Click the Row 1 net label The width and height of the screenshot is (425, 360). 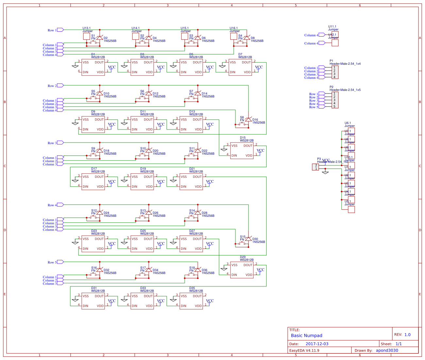coord(52,30)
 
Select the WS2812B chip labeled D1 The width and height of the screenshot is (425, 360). coord(93,67)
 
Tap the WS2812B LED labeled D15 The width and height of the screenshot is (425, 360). coord(242,151)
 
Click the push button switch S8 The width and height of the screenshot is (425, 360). coord(242,124)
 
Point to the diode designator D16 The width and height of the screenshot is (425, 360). coord(255,120)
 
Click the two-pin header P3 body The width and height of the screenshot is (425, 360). coord(315,167)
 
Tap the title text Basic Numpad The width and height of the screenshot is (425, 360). coord(306,335)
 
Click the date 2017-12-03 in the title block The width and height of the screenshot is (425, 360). coord(317,344)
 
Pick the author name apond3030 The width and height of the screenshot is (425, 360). coord(387,351)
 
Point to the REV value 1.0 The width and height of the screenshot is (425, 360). coord(407,335)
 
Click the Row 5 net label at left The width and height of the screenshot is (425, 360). coord(52,262)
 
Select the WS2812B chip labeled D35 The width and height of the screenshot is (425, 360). coord(191,301)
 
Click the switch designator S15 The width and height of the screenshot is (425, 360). coord(243,237)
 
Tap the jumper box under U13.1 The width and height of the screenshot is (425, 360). coord(87,36)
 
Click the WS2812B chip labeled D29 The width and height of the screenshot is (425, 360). coord(242,270)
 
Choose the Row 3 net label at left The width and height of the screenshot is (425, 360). coord(52,143)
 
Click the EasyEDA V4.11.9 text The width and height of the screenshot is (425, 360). coord(304,351)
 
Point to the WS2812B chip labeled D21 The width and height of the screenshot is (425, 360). coord(191,182)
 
